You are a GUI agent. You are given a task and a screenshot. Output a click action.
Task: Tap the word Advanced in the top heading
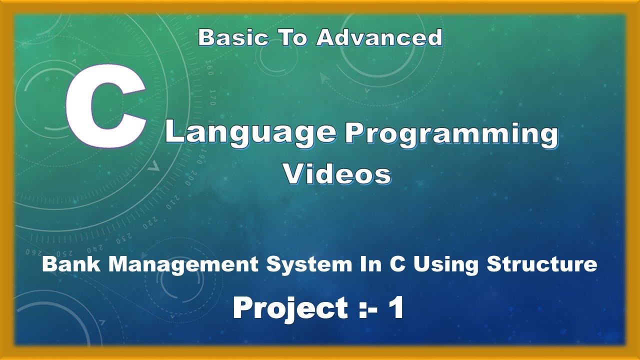coord(379,38)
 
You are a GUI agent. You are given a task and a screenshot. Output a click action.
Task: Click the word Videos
coord(337,174)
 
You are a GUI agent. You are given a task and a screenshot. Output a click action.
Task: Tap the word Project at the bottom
coord(290,308)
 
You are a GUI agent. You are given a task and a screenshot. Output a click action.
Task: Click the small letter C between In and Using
coord(397,264)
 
